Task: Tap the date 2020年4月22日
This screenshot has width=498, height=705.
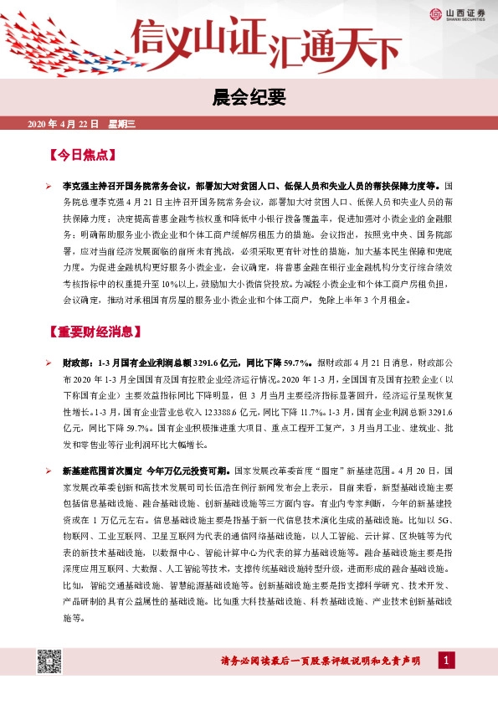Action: [64, 125]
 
